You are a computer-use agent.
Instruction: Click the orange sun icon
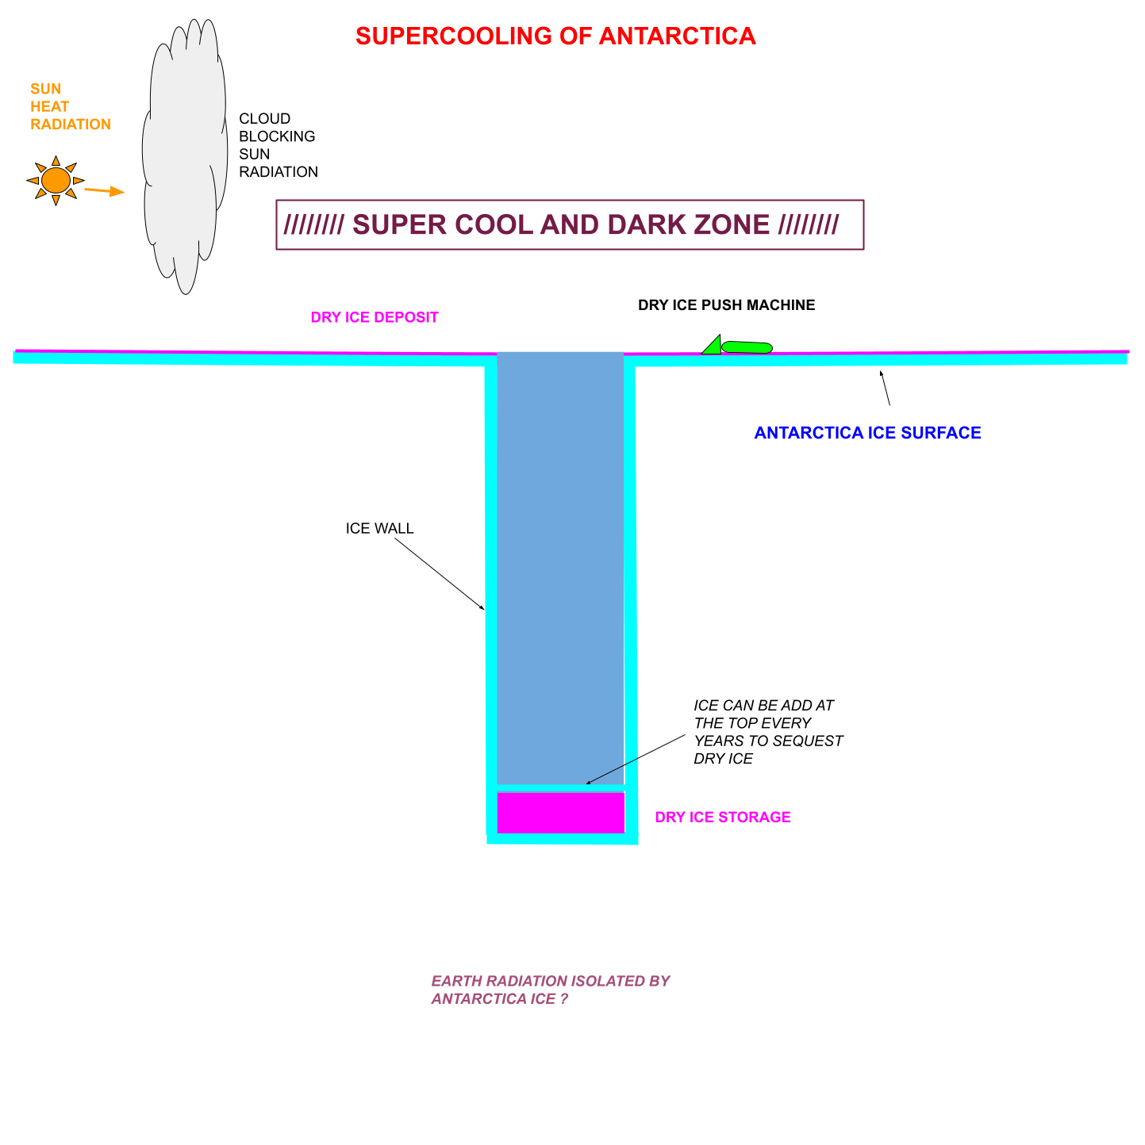click(x=56, y=181)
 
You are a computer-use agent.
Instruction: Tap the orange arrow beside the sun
click(x=105, y=191)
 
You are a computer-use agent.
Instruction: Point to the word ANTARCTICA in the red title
click(x=678, y=36)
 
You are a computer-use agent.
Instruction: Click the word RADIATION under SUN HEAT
click(x=71, y=124)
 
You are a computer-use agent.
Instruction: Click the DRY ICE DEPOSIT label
click(x=375, y=318)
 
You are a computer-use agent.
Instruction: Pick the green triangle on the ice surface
click(x=713, y=347)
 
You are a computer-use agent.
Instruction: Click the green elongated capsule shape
click(x=747, y=347)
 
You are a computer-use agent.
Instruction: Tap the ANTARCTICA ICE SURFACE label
click(x=867, y=433)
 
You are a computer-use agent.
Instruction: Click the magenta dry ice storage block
click(x=561, y=813)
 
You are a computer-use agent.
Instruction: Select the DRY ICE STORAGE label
click(x=722, y=818)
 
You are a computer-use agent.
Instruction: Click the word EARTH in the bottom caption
click(x=456, y=982)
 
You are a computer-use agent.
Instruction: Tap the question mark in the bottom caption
click(x=564, y=999)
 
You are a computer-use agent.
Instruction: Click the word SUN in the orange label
click(x=45, y=90)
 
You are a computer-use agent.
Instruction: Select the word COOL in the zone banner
click(x=494, y=225)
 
